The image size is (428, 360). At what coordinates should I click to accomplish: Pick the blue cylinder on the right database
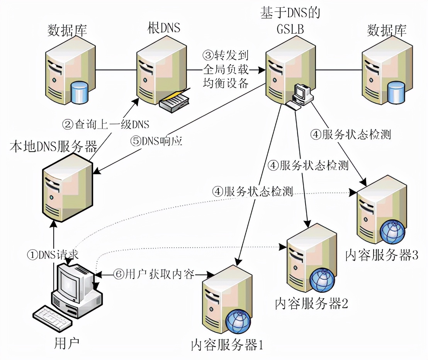point(396,92)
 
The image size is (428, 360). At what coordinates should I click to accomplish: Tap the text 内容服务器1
point(227,344)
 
